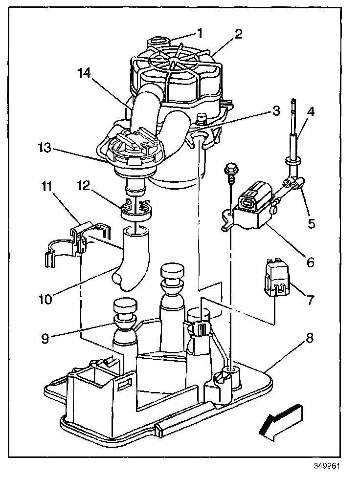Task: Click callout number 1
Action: (200, 33)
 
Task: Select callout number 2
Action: (238, 34)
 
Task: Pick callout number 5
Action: (312, 224)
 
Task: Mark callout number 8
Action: (310, 338)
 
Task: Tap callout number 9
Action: (45, 338)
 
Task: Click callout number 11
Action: (46, 186)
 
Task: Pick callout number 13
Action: (46, 148)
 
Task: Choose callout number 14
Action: (84, 74)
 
